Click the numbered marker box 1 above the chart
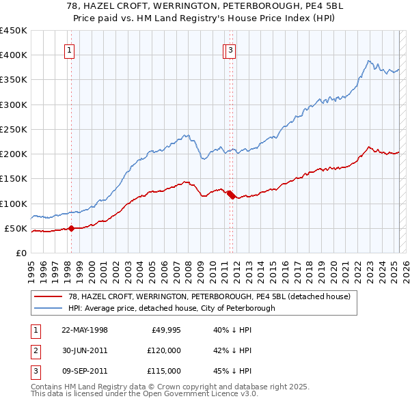pos(70,49)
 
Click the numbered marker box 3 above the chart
pos(231,49)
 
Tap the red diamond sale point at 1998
pos(71,228)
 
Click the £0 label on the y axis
pos(21,253)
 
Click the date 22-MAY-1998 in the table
pos(85,330)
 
